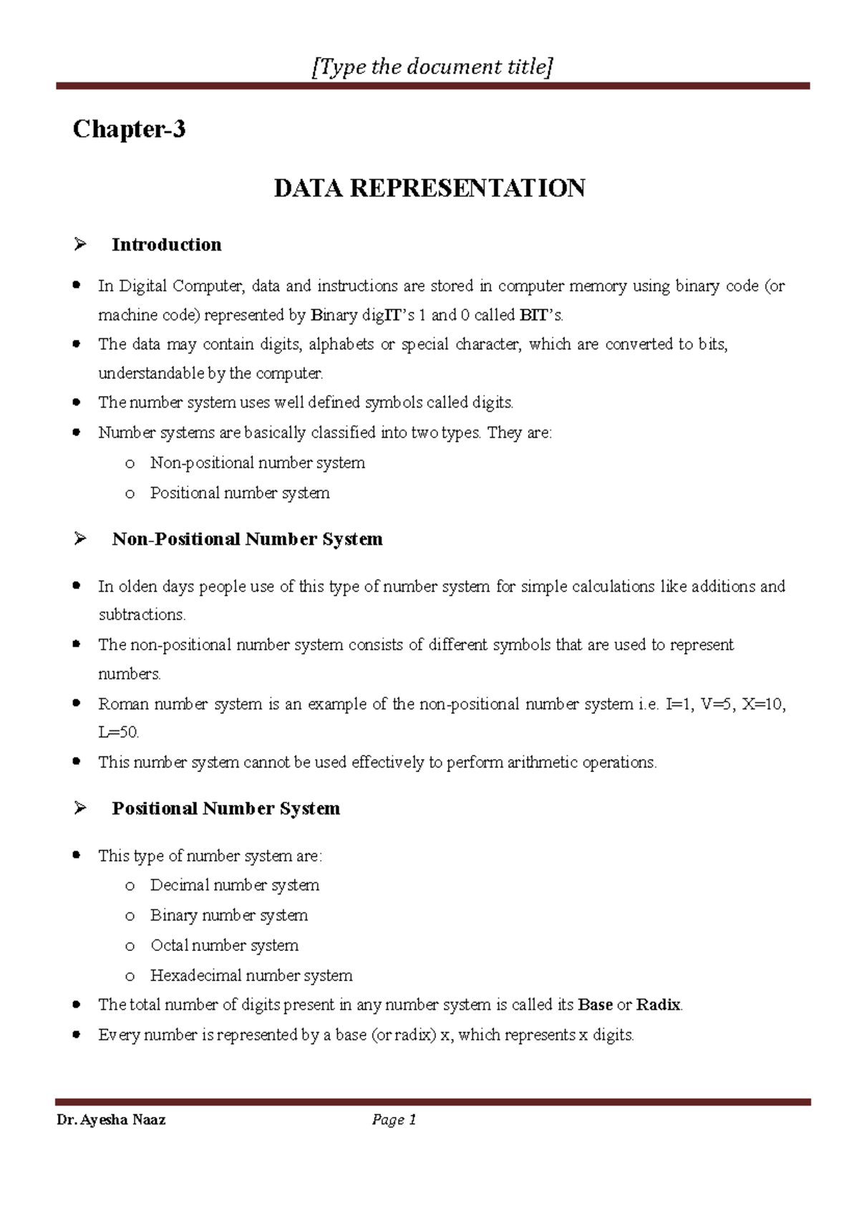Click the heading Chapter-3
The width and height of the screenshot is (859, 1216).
tap(129, 130)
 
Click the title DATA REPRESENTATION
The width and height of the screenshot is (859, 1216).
tap(429, 188)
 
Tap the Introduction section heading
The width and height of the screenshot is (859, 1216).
tap(166, 245)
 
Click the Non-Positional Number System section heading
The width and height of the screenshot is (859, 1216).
tap(247, 539)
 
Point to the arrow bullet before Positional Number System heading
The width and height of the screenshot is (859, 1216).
tap(79, 809)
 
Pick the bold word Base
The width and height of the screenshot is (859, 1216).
tap(595, 1005)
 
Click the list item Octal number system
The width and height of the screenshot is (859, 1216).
tap(224, 945)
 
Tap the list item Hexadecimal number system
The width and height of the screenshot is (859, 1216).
tap(251, 975)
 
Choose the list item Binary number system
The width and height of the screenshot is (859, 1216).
tap(229, 915)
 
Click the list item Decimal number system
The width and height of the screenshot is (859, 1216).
tap(235, 885)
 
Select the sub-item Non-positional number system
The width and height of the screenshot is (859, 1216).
tap(258, 463)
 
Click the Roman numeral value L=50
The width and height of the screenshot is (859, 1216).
tap(118, 733)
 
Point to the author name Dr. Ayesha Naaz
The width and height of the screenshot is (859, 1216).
tap(111, 1120)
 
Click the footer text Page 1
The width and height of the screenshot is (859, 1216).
tap(394, 1120)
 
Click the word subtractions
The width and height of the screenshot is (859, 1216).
tap(142, 615)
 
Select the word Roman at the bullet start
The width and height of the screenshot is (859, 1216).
tap(123, 704)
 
